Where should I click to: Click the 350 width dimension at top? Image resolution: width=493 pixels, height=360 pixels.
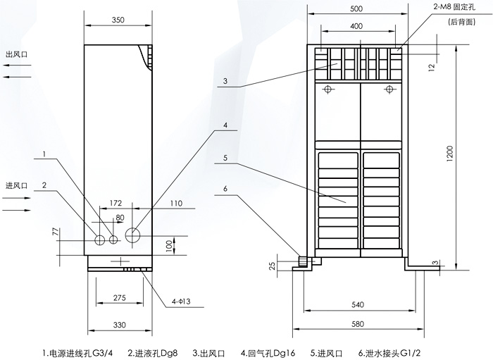click(118, 20)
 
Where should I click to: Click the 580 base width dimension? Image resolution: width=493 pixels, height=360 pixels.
click(358, 325)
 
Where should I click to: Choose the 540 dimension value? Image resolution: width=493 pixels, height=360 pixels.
click(358, 305)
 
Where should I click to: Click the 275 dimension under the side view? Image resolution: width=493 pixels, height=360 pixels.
click(119, 299)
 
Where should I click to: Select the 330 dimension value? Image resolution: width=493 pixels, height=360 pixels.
click(119, 325)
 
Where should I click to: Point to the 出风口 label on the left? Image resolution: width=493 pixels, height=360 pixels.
click(16, 54)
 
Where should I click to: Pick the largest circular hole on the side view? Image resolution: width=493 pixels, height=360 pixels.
click(133, 235)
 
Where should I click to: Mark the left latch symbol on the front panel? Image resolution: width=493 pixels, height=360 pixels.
click(327, 89)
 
